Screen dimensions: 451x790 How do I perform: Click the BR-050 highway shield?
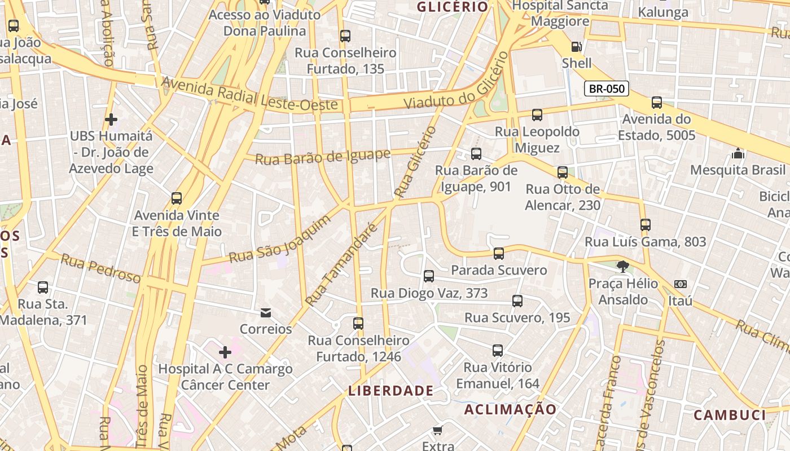[607, 89]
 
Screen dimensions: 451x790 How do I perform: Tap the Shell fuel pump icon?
[576, 47]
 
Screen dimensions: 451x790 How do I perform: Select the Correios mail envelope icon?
[265, 313]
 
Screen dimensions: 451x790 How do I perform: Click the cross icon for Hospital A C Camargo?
[225, 353]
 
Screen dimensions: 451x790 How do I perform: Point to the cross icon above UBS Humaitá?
[111, 120]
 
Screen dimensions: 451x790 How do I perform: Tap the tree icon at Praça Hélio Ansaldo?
[623, 267]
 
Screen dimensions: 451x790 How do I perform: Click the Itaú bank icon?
[681, 285]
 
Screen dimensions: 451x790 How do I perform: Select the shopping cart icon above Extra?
[438, 431]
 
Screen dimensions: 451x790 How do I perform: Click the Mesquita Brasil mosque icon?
[738, 153]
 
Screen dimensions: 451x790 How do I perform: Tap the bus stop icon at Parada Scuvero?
[499, 254]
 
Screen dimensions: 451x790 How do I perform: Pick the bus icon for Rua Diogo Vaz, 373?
[429, 276]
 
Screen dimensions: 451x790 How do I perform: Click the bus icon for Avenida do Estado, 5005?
[657, 103]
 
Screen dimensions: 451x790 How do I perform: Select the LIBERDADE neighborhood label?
[391, 391]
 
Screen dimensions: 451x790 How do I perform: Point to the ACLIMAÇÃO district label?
[510, 410]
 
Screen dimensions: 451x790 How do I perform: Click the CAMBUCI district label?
[730, 415]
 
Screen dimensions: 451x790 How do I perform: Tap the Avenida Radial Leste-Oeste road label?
[250, 94]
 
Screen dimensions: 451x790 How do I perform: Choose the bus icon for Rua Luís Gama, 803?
[646, 225]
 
